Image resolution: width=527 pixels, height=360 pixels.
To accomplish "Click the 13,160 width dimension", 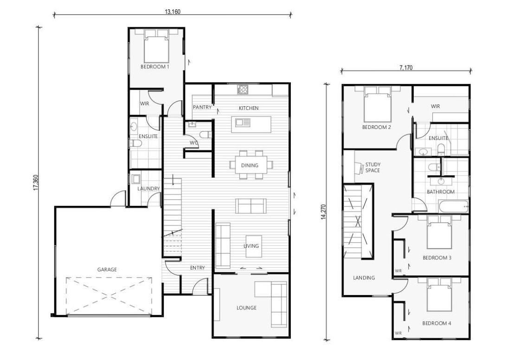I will pos(172,12).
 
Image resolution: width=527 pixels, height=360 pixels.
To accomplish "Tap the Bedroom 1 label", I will pos(154,67).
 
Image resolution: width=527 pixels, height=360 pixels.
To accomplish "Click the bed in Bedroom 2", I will pos(377,106).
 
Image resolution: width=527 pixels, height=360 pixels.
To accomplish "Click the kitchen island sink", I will pos(243,122).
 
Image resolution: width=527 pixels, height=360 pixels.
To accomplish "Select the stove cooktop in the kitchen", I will pos(242,89).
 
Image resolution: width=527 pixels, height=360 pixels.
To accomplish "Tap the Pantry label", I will pos(202,108).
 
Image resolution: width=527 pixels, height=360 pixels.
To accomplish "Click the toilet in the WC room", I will pos(206,135).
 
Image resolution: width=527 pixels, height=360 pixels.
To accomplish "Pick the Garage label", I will pos(107,269).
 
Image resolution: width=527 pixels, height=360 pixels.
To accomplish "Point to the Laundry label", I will pos(148,189).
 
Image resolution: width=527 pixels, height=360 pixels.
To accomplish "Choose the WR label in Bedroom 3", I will pos(398,270).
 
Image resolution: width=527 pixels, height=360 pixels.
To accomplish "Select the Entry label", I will pos(198,268).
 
